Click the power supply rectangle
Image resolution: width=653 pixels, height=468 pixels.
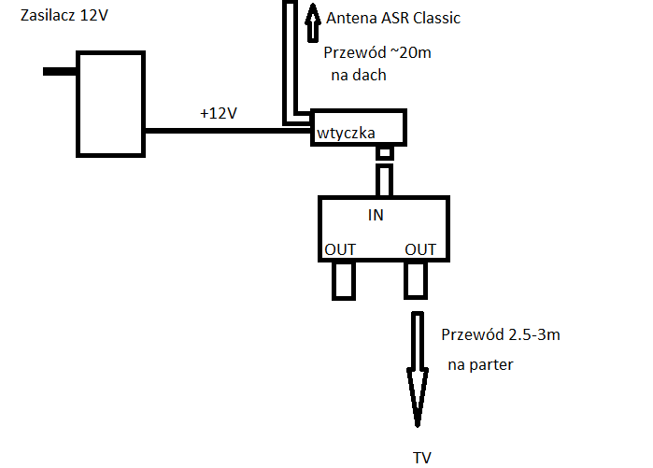pyautogui.click(x=109, y=104)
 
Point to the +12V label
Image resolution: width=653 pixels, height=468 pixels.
pyautogui.click(x=218, y=113)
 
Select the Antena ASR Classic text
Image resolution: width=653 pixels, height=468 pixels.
pyautogui.click(x=393, y=18)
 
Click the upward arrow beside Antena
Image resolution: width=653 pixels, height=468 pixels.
pyautogui.click(x=311, y=21)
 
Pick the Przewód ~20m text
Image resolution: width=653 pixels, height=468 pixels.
pyautogui.click(x=377, y=52)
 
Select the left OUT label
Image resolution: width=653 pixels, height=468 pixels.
pyautogui.click(x=340, y=249)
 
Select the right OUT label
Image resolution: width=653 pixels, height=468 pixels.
pyautogui.click(x=420, y=249)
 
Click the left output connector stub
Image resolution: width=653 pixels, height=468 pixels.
pyautogui.click(x=344, y=279)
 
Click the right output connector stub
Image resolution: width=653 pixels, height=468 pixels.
pyautogui.click(x=416, y=279)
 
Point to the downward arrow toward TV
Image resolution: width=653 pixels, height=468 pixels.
pyautogui.click(x=417, y=374)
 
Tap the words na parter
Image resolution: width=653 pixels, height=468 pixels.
pyautogui.click(x=480, y=364)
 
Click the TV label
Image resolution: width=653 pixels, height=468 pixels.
pyautogui.click(x=422, y=457)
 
